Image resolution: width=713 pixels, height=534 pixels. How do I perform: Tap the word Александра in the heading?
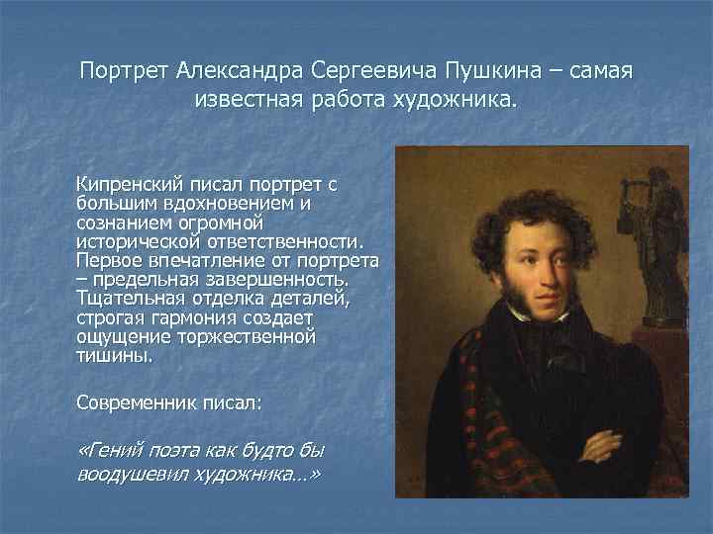[x=240, y=72]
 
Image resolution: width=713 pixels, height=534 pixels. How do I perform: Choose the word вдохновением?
[x=233, y=203]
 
